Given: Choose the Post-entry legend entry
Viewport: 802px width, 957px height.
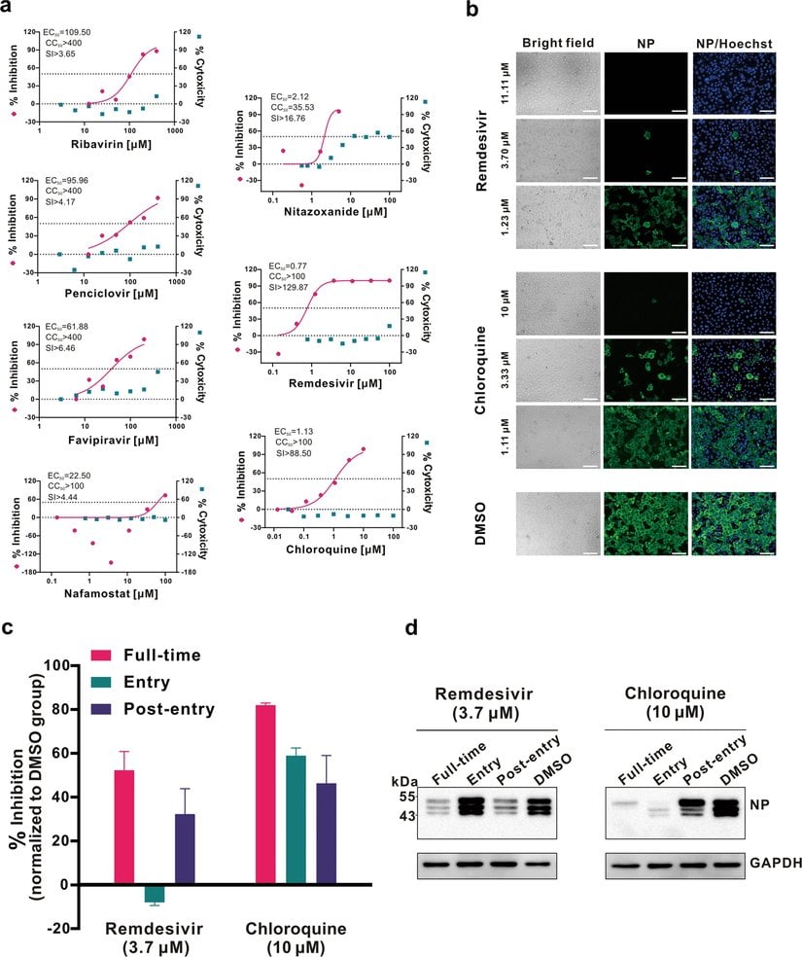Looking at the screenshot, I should coord(171,709).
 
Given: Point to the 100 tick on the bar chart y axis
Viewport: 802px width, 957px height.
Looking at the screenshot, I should coord(63,665).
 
